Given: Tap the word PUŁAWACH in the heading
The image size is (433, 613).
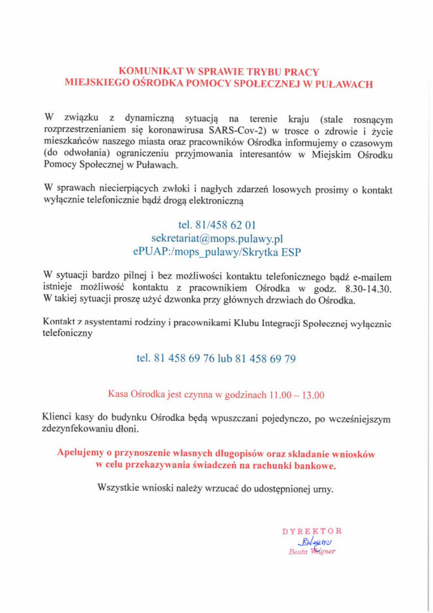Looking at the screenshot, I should (x=343, y=84).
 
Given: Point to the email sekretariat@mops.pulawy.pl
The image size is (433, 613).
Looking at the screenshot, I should (x=216, y=238).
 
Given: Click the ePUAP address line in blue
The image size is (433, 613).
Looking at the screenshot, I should (x=216, y=252).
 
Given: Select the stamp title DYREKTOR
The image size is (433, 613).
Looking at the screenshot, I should (x=312, y=530).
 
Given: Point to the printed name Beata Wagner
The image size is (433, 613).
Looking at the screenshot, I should (x=312, y=551).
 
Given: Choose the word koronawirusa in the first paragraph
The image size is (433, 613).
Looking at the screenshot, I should (x=158, y=130).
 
